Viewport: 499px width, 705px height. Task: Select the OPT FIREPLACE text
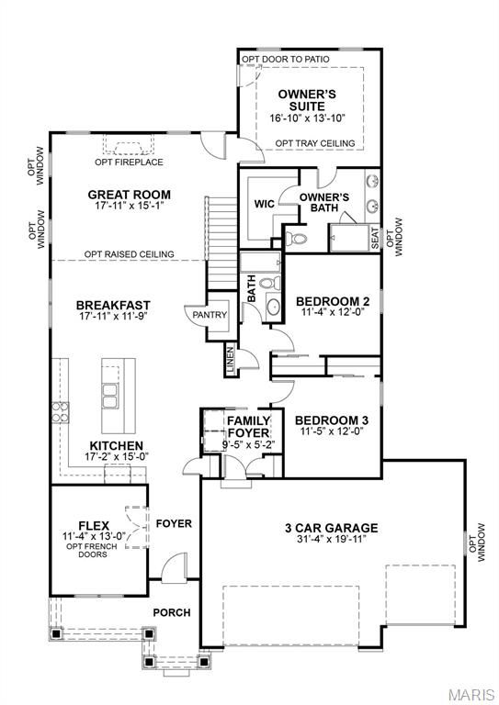coord(129,162)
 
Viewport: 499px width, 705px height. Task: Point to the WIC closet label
coord(265,203)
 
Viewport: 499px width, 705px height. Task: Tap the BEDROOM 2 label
coord(332,301)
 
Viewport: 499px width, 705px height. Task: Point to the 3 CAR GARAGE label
coord(331,528)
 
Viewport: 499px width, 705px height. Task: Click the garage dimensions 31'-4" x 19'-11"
coord(331,540)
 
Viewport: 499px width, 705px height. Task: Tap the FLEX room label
coord(95,524)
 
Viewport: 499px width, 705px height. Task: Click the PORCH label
coord(172,612)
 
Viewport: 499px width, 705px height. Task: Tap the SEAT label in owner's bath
coord(375,237)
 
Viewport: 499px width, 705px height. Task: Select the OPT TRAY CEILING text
coord(315,142)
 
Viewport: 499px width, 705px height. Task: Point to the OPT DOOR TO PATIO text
coord(286,59)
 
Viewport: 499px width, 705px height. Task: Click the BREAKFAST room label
coord(113,305)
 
